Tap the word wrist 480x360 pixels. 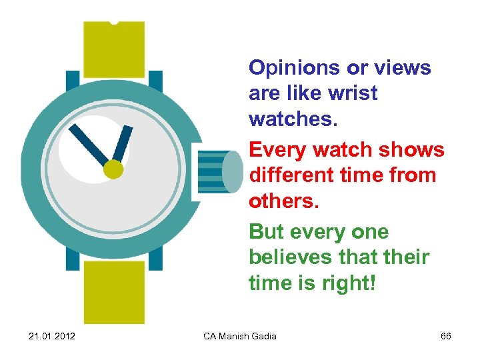(x=353, y=93)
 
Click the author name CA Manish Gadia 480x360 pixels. (x=240, y=336)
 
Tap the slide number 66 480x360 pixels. (x=446, y=336)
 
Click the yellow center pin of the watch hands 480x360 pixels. (x=113, y=170)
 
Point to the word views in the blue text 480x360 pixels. (x=405, y=68)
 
